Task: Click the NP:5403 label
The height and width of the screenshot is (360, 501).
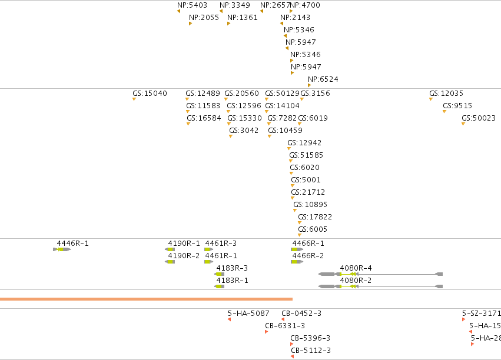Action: point(192,5)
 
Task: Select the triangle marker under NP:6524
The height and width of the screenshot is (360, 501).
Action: point(309,85)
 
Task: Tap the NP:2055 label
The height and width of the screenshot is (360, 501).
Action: point(204,18)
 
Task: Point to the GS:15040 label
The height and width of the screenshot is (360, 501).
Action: point(150,94)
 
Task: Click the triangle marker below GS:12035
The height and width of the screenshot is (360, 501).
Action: point(431,99)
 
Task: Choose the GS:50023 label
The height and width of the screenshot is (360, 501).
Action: point(478,118)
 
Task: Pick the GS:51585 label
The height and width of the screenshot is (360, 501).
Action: point(306,155)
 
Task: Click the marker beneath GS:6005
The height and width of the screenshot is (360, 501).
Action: point(300,235)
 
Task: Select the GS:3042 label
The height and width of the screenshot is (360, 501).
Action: point(244,131)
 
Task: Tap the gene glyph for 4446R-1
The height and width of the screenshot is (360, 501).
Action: point(62,249)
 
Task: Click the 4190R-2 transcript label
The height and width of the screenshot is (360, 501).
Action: point(184,256)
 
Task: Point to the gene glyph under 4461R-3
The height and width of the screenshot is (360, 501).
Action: point(208,249)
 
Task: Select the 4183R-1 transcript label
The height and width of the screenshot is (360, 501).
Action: point(233,281)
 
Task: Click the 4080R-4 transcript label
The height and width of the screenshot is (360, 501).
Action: point(356,268)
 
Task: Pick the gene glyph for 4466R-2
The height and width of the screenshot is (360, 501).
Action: point(297,262)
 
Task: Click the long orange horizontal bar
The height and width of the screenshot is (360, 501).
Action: point(146,299)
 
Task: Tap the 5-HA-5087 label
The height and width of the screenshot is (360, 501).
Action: point(248,314)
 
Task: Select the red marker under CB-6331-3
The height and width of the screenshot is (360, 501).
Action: point(267,332)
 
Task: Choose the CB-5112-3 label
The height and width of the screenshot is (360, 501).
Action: point(311,351)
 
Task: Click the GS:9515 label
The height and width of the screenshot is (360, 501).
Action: point(457,106)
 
